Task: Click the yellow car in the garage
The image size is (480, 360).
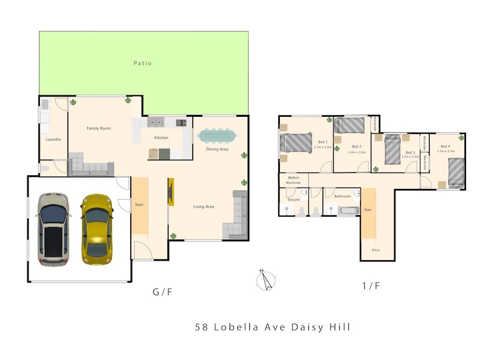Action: tap(97, 229)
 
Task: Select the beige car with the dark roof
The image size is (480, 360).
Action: tap(53, 229)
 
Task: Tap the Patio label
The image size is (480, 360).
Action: tap(142, 63)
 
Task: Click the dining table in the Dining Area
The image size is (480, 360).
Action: tap(217, 136)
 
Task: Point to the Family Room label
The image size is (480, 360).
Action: tap(98, 128)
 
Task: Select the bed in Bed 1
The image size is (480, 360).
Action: tap(296, 142)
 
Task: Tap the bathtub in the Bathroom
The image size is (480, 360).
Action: tap(349, 210)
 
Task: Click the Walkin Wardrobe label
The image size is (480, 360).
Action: tap(293, 180)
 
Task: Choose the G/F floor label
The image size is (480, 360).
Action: tap(162, 292)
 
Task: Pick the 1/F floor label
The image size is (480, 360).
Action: tap(371, 286)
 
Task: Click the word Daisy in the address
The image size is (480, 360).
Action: tap(307, 327)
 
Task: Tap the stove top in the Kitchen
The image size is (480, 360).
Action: tap(181, 123)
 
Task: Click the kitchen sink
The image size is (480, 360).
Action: tap(156, 122)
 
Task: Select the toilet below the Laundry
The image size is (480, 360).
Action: tap(45, 168)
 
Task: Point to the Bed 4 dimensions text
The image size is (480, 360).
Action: tap(446, 151)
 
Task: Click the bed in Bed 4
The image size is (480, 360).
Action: tap(457, 172)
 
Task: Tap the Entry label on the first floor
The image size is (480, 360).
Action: tap(376, 250)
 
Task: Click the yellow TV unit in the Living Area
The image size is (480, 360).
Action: tap(171, 192)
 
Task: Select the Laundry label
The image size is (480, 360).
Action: tap(53, 139)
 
